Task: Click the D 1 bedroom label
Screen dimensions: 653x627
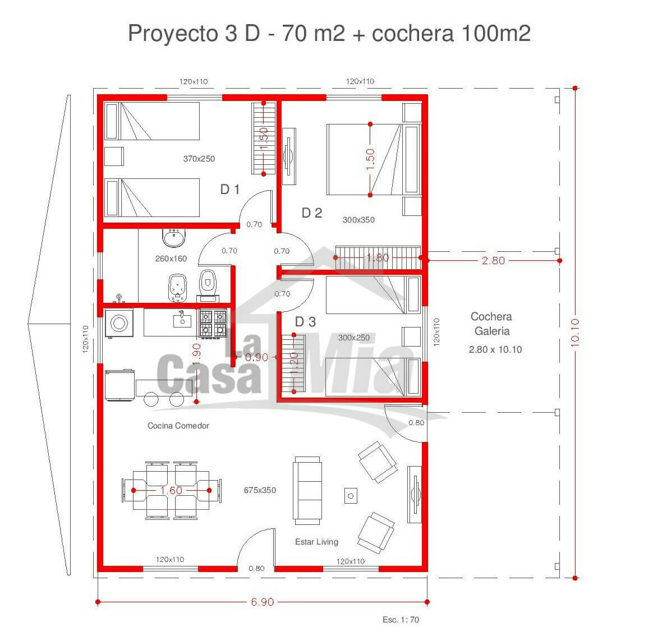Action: coord(229,190)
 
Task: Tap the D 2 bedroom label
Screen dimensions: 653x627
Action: coord(311,213)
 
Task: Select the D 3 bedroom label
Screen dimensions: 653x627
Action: coord(305,321)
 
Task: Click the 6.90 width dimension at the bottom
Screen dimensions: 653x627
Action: coord(263,602)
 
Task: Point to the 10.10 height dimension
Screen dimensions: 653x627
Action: coord(574,333)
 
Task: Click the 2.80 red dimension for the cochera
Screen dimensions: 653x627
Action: coord(493,261)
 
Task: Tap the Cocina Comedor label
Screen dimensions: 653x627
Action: coord(178,426)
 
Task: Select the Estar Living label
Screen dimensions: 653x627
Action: coord(316,542)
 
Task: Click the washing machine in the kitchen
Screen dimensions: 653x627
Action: coord(119,322)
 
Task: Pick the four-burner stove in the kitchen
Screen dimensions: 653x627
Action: coord(213,323)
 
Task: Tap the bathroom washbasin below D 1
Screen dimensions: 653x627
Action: coord(174,237)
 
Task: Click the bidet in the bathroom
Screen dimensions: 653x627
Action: coord(177,287)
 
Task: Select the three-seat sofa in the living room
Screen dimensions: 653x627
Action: coord(307,491)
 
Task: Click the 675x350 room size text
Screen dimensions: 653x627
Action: coord(260,491)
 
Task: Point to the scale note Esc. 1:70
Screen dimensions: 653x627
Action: coord(401,620)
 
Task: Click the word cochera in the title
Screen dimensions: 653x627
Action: coord(412,33)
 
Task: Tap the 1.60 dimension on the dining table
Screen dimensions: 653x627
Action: coord(171,491)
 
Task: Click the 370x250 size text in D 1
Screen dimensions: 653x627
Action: coord(199,159)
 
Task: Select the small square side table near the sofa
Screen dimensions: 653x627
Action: coord(351,496)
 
